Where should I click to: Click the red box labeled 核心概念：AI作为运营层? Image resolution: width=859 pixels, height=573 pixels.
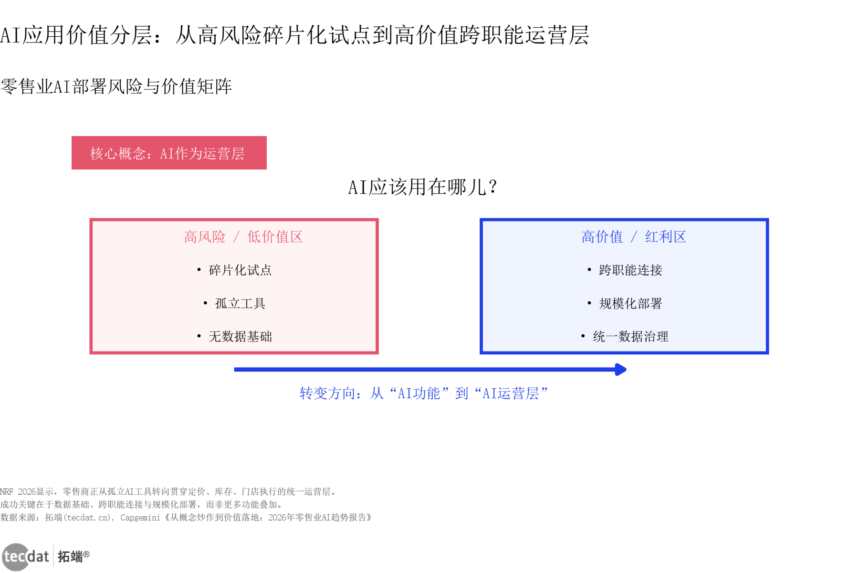click(169, 153)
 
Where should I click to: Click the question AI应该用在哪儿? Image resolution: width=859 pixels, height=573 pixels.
click(422, 187)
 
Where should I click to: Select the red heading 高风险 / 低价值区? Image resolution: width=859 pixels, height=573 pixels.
click(243, 237)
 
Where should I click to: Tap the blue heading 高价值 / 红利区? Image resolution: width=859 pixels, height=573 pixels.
click(633, 237)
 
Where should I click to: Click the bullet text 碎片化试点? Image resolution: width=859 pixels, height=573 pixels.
click(240, 270)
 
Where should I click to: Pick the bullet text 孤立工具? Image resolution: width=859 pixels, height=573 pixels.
click(240, 304)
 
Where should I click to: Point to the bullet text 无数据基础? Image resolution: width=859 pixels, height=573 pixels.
click(240, 337)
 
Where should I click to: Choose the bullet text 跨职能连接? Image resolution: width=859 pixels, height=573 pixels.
click(630, 270)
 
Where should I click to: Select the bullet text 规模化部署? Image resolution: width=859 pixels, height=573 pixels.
click(630, 304)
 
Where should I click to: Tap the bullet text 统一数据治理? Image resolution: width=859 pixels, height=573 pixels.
click(630, 337)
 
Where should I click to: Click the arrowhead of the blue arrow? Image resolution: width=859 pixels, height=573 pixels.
click(621, 370)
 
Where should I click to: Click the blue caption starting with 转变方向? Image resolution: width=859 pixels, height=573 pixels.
click(423, 393)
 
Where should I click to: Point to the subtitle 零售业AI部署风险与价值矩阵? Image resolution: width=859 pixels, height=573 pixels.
click(116, 86)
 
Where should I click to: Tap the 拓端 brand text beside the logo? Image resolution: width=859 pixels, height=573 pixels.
click(70, 556)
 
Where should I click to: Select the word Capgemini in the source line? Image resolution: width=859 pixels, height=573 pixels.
click(140, 518)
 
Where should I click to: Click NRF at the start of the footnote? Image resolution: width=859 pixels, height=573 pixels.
click(7, 492)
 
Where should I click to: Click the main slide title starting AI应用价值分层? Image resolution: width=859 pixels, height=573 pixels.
click(294, 35)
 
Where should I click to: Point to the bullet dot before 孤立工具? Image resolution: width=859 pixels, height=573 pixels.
click(205, 304)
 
